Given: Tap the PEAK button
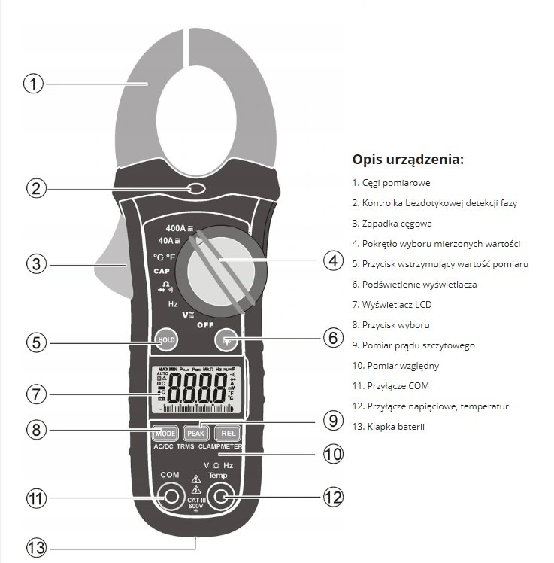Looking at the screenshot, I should [x=195, y=434].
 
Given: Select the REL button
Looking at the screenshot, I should [x=226, y=434].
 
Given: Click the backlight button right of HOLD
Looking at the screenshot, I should [x=226, y=340].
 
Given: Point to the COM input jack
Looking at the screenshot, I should [x=170, y=496].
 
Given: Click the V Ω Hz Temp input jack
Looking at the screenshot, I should [x=220, y=496].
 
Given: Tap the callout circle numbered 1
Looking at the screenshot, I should [x=32, y=83].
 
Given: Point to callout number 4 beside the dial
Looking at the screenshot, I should [x=333, y=261].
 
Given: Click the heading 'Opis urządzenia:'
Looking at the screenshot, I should [x=407, y=160].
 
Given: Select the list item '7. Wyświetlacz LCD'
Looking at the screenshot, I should [x=392, y=304].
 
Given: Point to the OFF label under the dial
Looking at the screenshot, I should [x=205, y=325].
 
